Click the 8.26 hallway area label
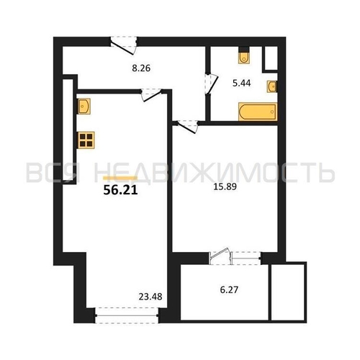[x=141, y=68]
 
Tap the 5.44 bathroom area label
[x=242, y=83]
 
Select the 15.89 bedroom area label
[x=225, y=186]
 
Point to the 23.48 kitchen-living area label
[x=150, y=297]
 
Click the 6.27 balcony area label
[x=229, y=290]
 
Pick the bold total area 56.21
[x=120, y=190]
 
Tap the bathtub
[x=258, y=112]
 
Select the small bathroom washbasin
[x=272, y=86]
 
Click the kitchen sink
[x=84, y=106]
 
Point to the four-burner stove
[x=86, y=140]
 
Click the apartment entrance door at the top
[x=123, y=45]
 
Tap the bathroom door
[x=211, y=84]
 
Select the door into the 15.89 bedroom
[x=186, y=126]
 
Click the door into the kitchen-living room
[x=151, y=94]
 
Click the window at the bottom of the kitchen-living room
[x=127, y=315]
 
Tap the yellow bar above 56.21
[x=120, y=178]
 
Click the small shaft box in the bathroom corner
[x=271, y=58]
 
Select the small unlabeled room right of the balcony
[x=289, y=292]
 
